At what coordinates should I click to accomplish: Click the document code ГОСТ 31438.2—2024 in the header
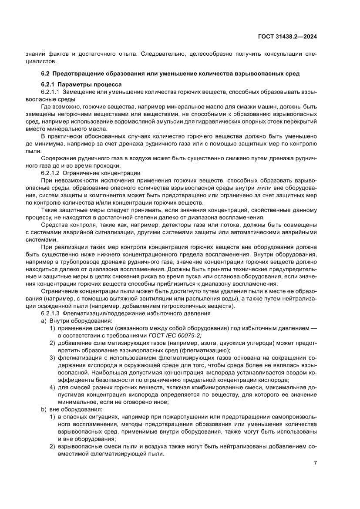pyautogui.click(x=287, y=37)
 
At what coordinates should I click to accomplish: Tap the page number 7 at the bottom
pyautogui.click(x=315, y=463)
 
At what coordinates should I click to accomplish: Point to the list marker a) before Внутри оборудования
pyautogui.click(x=43, y=321)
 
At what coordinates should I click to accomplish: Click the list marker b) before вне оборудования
pyautogui.click(x=43, y=409)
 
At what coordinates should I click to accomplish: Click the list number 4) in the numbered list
pyautogui.click(x=52, y=387)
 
